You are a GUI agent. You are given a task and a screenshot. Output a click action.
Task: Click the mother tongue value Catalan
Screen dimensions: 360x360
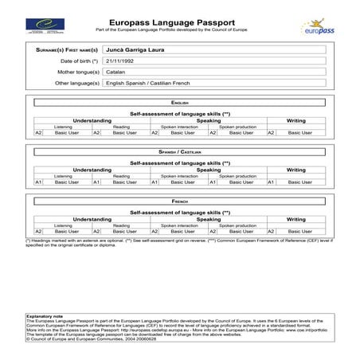click(115, 72)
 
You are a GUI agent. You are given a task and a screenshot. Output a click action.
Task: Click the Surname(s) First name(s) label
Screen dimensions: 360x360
click(68, 49)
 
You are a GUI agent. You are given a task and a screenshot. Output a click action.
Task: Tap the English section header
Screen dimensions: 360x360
click(180, 104)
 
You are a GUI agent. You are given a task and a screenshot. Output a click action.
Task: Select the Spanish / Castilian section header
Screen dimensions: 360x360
click(180, 152)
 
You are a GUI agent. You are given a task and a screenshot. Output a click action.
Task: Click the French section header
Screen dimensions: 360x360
click(180, 202)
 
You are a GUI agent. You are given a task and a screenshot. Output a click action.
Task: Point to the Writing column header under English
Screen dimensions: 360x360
click(295, 121)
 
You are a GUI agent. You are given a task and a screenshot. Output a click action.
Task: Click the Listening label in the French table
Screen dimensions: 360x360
click(63, 225)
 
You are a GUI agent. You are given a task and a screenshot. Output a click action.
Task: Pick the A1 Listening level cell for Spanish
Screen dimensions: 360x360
click(38, 182)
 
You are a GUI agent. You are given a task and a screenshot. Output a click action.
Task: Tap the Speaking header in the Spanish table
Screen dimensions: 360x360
click(209, 170)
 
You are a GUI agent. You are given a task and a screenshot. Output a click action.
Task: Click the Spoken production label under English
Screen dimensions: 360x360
click(237, 127)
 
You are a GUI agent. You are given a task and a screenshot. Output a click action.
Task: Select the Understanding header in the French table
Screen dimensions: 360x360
click(92, 219)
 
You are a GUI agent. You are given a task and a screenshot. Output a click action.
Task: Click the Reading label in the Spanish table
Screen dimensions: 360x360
click(121, 176)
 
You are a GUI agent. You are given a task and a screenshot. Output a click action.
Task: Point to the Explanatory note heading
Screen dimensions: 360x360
click(42, 316)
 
